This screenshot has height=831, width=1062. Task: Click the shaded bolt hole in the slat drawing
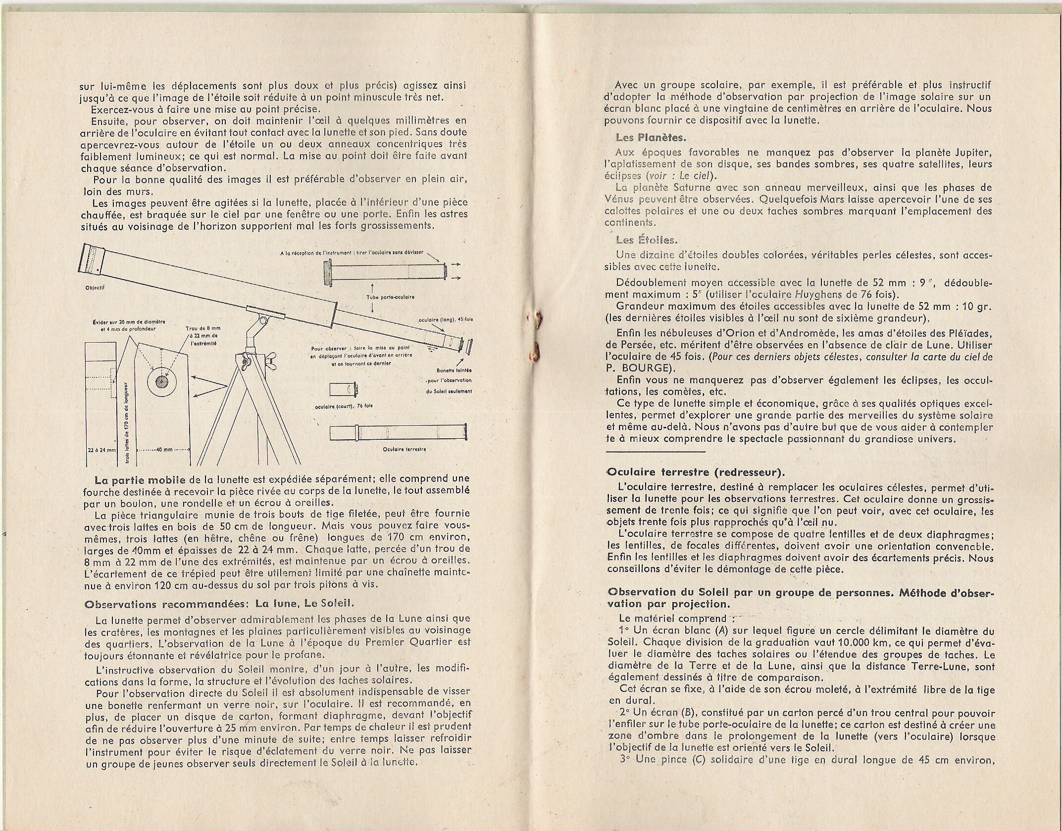[161, 381]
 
